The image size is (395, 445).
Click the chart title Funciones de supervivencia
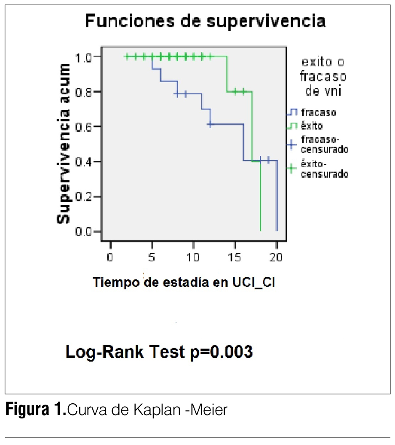click(206, 21)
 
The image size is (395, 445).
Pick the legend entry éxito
click(312, 126)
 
